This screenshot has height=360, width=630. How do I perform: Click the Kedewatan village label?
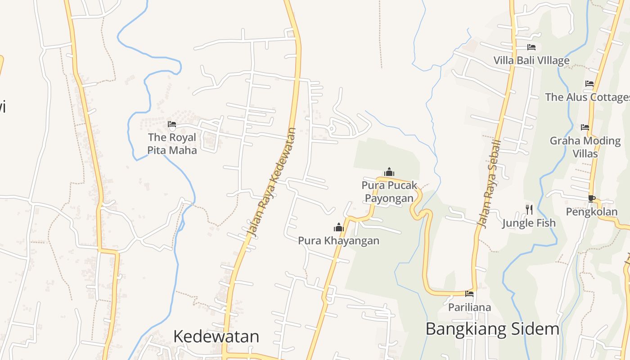click(216, 337)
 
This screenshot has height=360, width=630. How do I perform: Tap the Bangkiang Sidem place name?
click(492, 329)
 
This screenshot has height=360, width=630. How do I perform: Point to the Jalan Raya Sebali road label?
click(489, 184)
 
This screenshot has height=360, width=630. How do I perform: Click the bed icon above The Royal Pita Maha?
click(171, 124)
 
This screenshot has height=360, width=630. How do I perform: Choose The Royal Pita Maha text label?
click(172, 144)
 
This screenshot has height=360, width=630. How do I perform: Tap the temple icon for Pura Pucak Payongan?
click(389, 172)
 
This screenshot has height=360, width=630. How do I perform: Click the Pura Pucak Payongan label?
click(389, 192)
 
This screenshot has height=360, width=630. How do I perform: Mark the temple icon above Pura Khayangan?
click(339, 227)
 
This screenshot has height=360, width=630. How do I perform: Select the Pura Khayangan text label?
click(338, 241)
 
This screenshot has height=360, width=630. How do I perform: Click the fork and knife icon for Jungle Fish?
click(529, 209)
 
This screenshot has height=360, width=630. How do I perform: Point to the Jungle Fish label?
click(529, 223)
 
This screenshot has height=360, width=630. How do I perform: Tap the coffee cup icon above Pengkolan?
click(592, 198)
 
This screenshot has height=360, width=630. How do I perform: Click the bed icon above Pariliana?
click(469, 294)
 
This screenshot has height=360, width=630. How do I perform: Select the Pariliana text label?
click(469, 307)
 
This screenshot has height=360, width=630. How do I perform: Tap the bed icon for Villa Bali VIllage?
click(531, 47)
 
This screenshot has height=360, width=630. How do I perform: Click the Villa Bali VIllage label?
click(531, 60)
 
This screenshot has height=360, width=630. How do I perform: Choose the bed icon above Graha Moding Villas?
click(585, 127)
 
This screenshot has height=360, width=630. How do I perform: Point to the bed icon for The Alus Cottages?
click(589, 84)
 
